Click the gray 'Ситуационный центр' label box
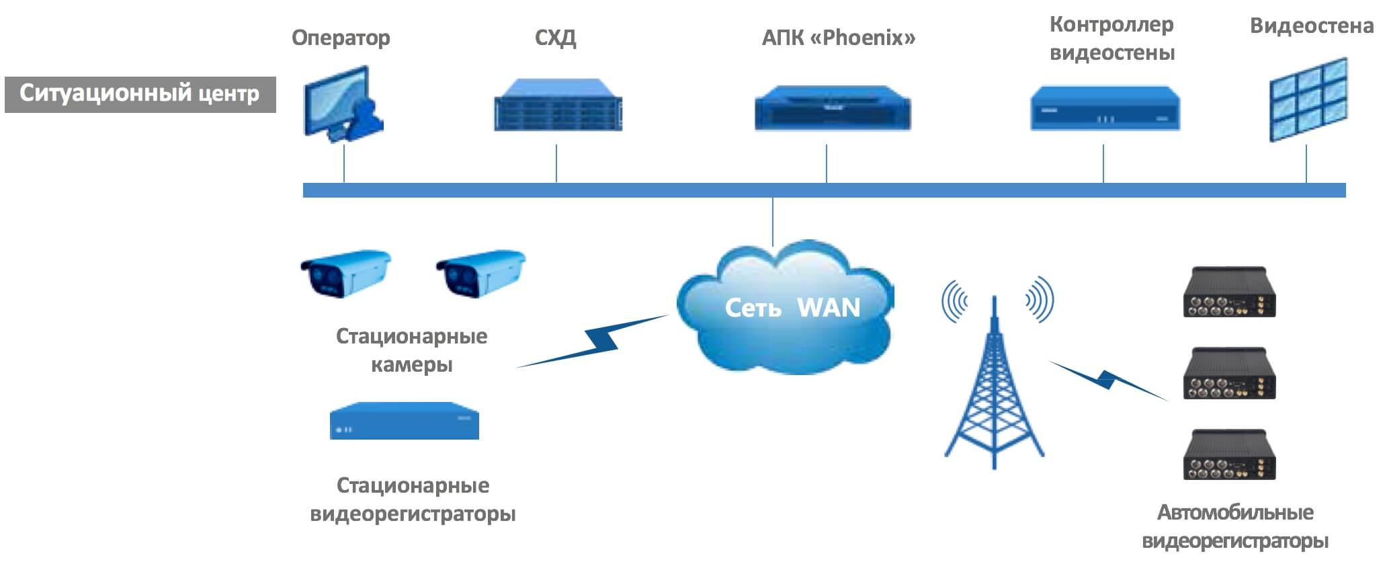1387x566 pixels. tap(140, 94)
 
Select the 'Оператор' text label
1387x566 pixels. tap(341, 38)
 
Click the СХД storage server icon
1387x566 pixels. tap(558, 105)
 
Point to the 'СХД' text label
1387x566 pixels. tap(555, 38)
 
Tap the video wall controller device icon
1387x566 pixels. tap(1105, 109)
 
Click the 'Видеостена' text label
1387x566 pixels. tap(1311, 26)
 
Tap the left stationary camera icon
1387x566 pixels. tap(345, 274)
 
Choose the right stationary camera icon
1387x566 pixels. tap(480, 274)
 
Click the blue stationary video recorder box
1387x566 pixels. tap(404, 421)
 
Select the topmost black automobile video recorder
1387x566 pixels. tap(1229, 292)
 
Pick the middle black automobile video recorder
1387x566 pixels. tap(1229, 374)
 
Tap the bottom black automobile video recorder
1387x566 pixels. tap(1229, 455)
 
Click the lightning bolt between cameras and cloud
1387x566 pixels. tap(595, 342)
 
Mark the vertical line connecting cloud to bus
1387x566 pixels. tap(773, 222)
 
